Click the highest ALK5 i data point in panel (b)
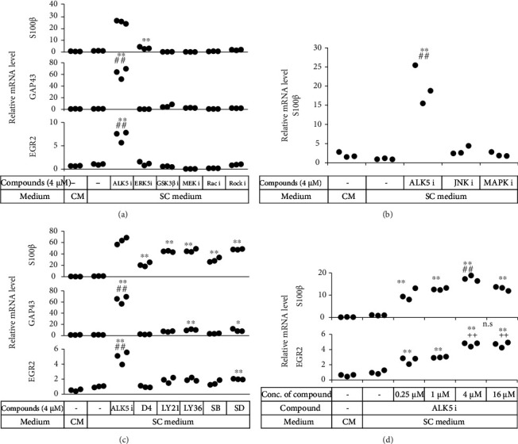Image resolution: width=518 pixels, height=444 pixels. click(x=416, y=65)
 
